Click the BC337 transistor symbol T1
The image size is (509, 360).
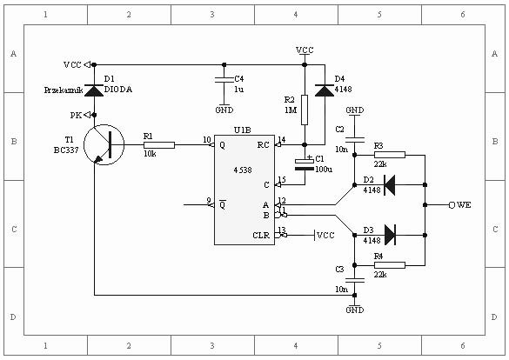pyautogui.click(x=104, y=145)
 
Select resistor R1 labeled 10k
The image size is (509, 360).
pyautogui.click(x=159, y=145)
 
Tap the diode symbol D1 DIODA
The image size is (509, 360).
pyautogui.click(x=94, y=90)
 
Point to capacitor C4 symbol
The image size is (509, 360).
pyautogui.click(x=224, y=80)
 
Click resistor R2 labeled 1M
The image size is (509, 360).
pyautogui.click(x=305, y=110)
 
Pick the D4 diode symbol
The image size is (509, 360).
pyautogui.click(x=325, y=90)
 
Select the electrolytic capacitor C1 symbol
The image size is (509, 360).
pyautogui.click(x=305, y=164)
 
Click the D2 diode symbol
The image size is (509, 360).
pyautogui.click(x=390, y=185)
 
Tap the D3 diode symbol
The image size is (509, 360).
pyautogui.click(x=390, y=235)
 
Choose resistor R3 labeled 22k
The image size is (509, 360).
pyautogui.click(x=390, y=155)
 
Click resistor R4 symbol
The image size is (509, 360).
pyautogui.click(x=390, y=265)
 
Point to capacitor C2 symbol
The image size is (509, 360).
pyautogui.click(x=354, y=140)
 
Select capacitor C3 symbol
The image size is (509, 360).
pyautogui.click(x=354, y=280)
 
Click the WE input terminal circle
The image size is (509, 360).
pyautogui.click(x=452, y=205)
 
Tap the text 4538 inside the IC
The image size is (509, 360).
pyautogui.click(x=243, y=170)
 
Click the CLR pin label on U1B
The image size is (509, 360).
pyautogui.click(x=261, y=235)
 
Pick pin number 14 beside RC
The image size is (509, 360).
pyautogui.click(x=281, y=139)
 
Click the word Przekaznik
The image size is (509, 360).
pyautogui.click(x=64, y=90)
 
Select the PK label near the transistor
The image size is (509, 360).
pyautogui.click(x=76, y=116)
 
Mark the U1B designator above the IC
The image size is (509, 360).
pyautogui.click(x=242, y=130)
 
